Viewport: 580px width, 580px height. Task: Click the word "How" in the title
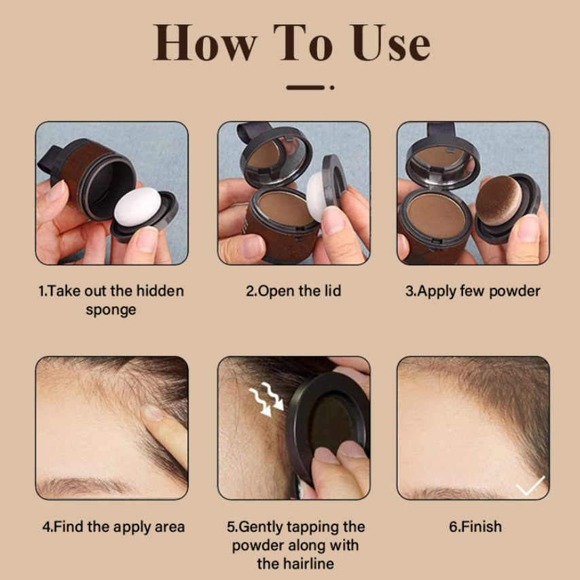pyautogui.click(x=205, y=42)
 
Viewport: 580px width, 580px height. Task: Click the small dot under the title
pyautogui.click(x=332, y=88)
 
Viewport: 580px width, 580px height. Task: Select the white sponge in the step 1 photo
pyautogui.click(x=138, y=206)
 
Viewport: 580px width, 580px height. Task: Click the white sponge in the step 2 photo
pyautogui.click(x=316, y=196)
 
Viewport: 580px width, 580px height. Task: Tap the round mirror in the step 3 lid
pyautogui.click(x=443, y=161)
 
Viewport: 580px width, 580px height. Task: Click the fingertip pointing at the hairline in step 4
pyautogui.click(x=153, y=413)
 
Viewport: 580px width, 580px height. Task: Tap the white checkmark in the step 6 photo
pyautogui.click(x=530, y=486)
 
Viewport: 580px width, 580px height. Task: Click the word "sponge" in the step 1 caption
pyautogui.click(x=111, y=310)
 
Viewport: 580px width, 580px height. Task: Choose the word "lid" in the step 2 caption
pyautogui.click(x=333, y=291)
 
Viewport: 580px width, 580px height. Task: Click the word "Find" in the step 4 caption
pyautogui.click(x=69, y=526)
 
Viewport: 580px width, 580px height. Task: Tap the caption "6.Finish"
pyautogui.click(x=475, y=526)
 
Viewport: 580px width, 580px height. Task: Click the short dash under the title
pyautogui.click(x=305, y=88)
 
